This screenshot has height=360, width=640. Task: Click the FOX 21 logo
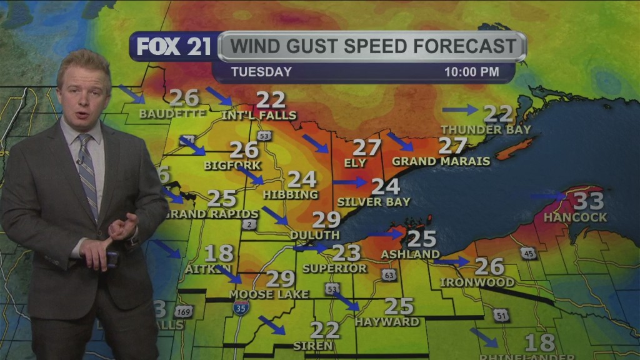(x=174, y=47)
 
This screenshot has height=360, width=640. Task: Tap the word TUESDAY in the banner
(x=261, y=72)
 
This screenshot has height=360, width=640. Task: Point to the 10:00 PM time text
(x=471, y=72)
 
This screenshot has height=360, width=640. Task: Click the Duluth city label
(x=314, y=235)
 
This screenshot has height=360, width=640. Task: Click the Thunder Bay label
(x=486, y=129)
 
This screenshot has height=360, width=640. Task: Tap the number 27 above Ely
(x=367, y=147)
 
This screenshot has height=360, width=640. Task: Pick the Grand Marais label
(x=441, y=161)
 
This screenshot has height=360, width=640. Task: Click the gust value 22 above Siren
(x=325, y=329)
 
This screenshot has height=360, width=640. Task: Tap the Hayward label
(x=387, y=322)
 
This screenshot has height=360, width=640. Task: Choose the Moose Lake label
(x=269, y=294)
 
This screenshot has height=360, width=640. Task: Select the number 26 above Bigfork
(x=244, y=150)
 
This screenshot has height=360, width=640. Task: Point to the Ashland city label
(x=411, y=254)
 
